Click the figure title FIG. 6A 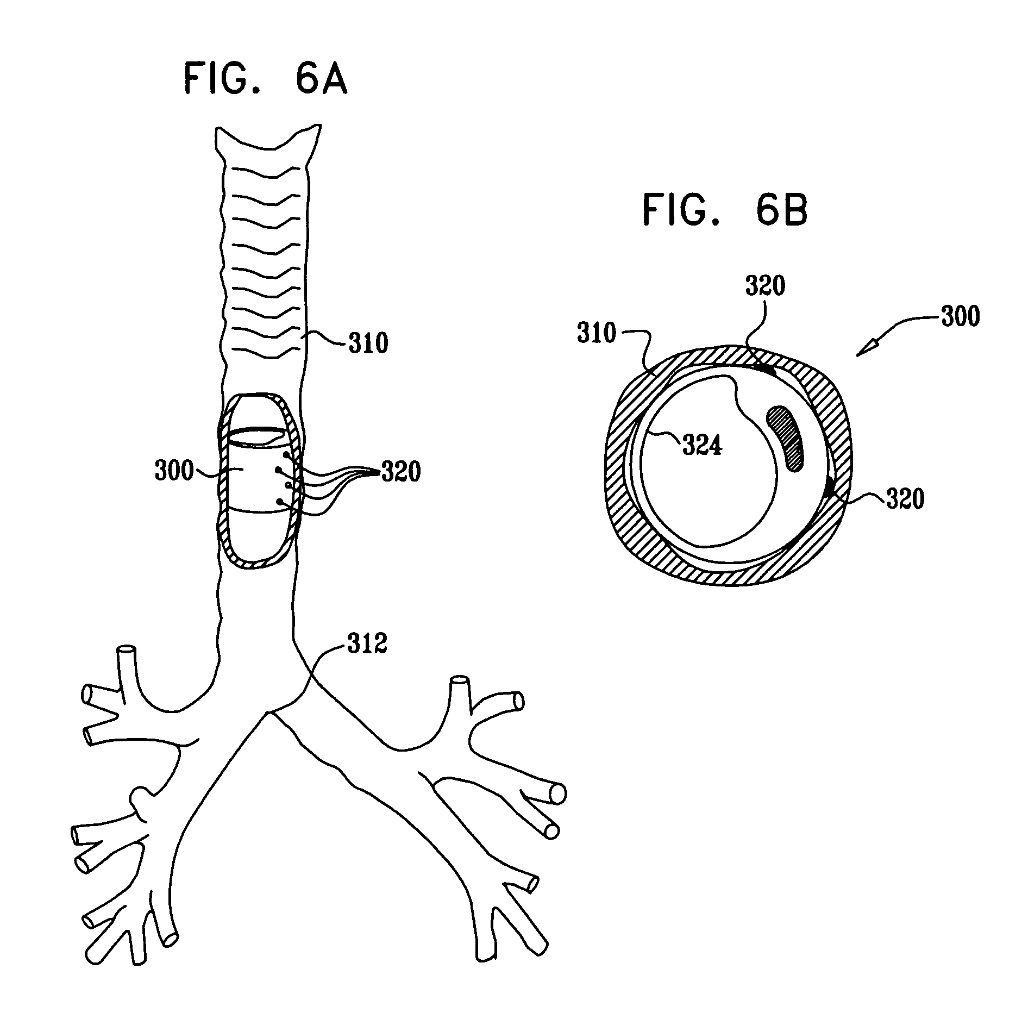(x=265, y=79)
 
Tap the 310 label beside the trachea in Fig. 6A (x=368, y=343)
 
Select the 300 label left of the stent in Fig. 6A (x=174, y=471)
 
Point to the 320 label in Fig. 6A (x=401, y=472)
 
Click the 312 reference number (x=367, y=644)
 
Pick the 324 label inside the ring (x=702, y=446)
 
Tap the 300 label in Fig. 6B (x=960, y=316)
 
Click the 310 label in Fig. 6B (x=597, y=333)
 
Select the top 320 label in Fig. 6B (x=765, y=286)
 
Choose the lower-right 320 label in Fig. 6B (x=905, y=499)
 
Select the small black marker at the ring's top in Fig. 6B (x=766, y=370)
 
